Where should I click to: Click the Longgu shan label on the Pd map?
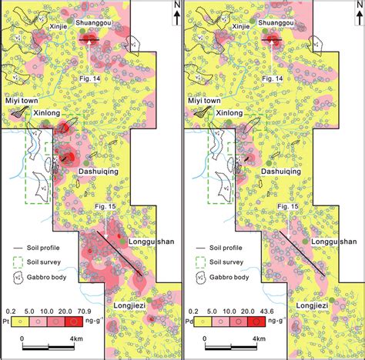pyautogui.click(x=335, y=242)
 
